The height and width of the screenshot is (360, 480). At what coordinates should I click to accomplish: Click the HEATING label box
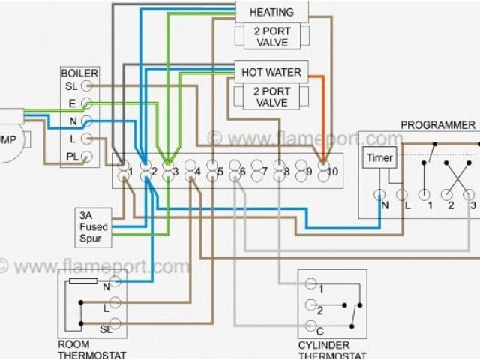[x=271, y=12]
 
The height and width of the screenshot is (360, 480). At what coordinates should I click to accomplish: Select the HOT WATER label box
[x=271, y=73]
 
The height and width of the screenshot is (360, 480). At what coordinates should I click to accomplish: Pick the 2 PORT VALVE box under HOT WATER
[x=271, y=97]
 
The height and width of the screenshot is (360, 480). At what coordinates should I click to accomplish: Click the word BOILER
[x=80, y=73]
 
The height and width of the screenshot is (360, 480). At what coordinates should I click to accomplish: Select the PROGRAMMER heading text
[x=437, y=124]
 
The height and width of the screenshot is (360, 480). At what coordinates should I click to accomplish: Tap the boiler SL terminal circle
[x=87, y=86]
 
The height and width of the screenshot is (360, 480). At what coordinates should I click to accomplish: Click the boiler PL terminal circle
[x=87, y=157]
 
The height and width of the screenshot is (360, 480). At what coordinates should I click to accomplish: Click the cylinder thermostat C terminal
[x=310, y=330]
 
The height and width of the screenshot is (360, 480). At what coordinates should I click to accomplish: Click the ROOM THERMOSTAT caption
[x=91, y=349]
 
